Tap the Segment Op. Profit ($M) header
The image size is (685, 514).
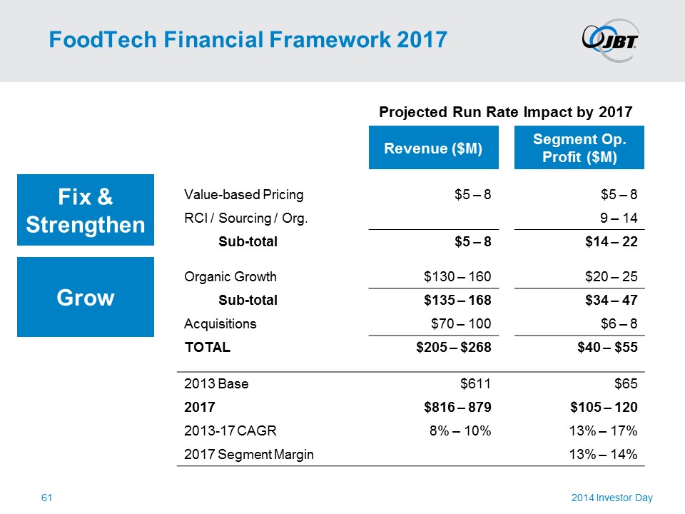click(x=579, y=148)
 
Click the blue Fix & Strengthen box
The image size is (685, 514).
click(x=86, y=210)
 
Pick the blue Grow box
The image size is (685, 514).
click(x=86, y=297)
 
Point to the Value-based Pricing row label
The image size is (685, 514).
click(x=243, y=194)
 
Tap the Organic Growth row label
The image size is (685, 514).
click(x=230, y=276)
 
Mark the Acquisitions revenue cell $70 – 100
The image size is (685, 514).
click(x=461, y=323)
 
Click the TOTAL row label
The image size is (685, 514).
click(x=208, y=347)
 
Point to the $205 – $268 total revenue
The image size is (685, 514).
click(x=455, y=347)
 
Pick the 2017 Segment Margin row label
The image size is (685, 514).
click(x=248, y=454)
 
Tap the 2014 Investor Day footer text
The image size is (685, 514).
click(x=612, y=498)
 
